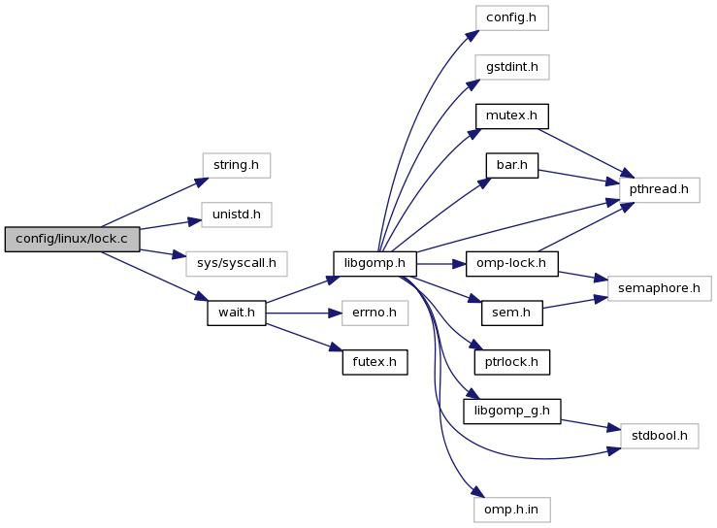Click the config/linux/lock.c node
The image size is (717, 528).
[x=72, y=239]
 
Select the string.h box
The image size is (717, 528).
[x=236, y=165]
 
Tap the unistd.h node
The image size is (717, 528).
[x=236, y=214]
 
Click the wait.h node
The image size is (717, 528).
[x=236, y=313]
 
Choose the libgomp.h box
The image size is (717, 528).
[x=375, y=263]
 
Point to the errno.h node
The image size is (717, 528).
[x=375, y=313]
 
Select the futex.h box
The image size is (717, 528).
[x=375, y=362]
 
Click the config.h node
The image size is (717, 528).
[x=512, y=17]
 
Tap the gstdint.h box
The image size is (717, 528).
[x=512, y=67]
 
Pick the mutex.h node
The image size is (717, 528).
[x=512, y=115]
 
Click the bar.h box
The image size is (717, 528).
[x=512, y=165]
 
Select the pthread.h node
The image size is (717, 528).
[x=660, y=189]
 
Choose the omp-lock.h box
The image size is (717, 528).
[x=512, y=263]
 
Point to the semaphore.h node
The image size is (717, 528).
[x=660, y=288]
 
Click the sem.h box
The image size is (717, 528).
[x=512, y=313]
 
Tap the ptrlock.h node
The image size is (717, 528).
[x=512, y=362]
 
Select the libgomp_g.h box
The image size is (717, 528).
[x=512, y=411]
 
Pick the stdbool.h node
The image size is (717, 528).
[x=660, y=436]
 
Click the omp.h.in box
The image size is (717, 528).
[x=512, y=509]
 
